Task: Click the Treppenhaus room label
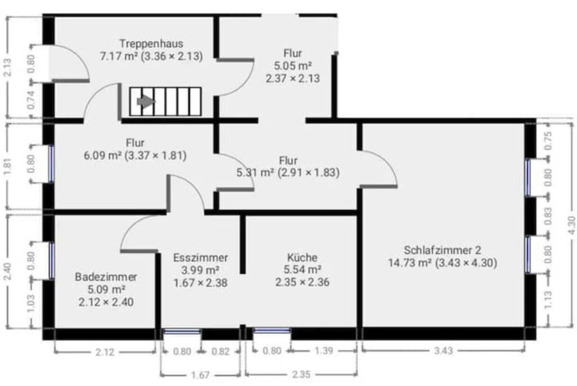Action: click(151, 44)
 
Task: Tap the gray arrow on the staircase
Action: click(146, 102)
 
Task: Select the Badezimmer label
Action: click(106, 277)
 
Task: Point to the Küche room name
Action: click(302, 257)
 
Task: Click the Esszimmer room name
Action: click(201, 257)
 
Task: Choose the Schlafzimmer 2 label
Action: click(442, 250)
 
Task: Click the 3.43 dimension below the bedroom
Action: click(443, 351)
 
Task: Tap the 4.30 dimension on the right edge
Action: click(571, 225)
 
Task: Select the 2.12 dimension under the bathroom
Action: click(105, 352)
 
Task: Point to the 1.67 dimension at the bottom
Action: click(201, 375)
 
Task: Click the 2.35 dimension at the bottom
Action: click(301, 374)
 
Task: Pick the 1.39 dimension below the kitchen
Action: click(324, 351)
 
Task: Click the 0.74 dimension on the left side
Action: click(31, 100)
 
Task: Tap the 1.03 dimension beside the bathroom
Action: click(31, 303)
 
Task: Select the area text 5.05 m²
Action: click(293, 66)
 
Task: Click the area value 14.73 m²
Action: click(410, 263)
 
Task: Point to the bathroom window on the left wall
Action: click(52, 260)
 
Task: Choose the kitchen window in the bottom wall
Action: click(272, 331)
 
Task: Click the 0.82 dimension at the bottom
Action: click(221, 351)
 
